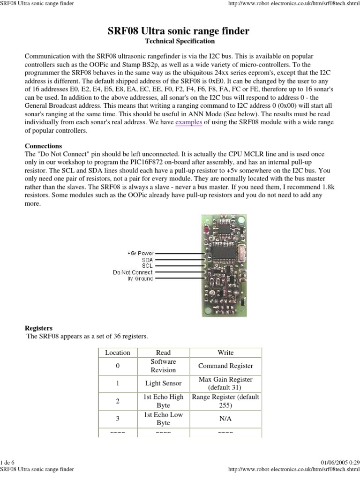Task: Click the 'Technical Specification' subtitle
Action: tap(180, 41)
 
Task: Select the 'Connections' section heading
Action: tap(43, 146)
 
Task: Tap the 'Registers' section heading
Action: tap(38, 328)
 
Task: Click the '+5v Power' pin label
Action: tap(140, 253)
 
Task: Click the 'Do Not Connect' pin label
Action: tap(133, 272)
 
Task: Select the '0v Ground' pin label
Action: tap(140, 278)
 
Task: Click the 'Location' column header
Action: tap(118, 352)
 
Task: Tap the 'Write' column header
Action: tap(225, 352)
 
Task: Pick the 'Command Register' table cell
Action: tap(225, 366)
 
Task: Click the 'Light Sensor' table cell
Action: tap(163, 383)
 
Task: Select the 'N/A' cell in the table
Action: tap(225, 419)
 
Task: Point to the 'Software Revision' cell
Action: tap(163, 366)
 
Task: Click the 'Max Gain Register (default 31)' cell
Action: tap(225, 383)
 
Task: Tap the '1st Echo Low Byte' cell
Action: tap(163, 419)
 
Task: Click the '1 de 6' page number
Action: tap(8, 463)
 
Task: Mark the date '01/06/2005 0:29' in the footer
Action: tap(341, 463)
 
